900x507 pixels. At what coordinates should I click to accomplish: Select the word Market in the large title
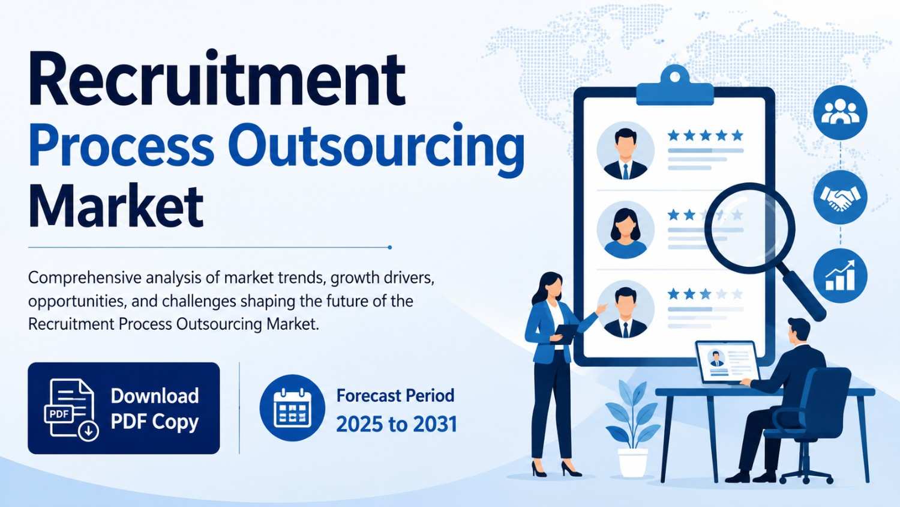tap(116, 207)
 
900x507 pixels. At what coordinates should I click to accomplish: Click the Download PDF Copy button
tap(124, 408)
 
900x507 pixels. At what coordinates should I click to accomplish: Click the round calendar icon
tap(292, 408)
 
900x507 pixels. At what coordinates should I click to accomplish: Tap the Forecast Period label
tap(395, 395)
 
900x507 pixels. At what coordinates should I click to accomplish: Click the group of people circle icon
tap(840, 113)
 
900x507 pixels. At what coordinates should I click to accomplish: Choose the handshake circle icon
tap(840, 197)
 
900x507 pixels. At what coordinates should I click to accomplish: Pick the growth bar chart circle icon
tap(840, 276)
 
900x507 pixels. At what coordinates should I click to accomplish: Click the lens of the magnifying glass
tap(750, 228)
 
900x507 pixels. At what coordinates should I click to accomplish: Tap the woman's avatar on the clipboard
tap(626, 230)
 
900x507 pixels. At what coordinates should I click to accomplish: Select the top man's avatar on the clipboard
tap(626, 151)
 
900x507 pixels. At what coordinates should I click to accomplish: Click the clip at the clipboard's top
tap(675, 85)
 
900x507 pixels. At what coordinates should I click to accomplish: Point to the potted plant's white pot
tap(633, 462)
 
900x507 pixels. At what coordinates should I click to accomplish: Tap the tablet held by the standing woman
tap(566, 333)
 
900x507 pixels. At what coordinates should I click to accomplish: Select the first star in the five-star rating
tap(673, 135)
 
